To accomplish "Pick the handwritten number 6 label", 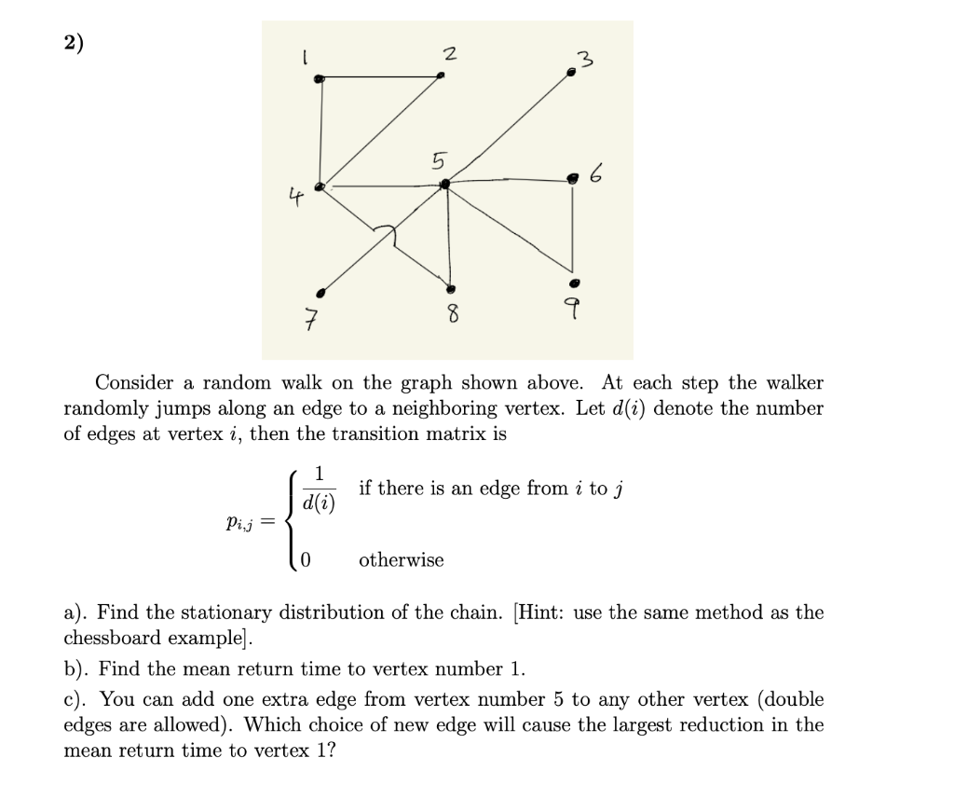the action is coord(597,174).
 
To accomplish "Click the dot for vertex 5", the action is coord(445,186).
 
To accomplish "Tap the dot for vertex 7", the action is coord(321,290).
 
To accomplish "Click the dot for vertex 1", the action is coord(320,80).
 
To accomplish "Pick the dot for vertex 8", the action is coord(451,288).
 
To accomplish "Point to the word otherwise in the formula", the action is coord(401,560).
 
